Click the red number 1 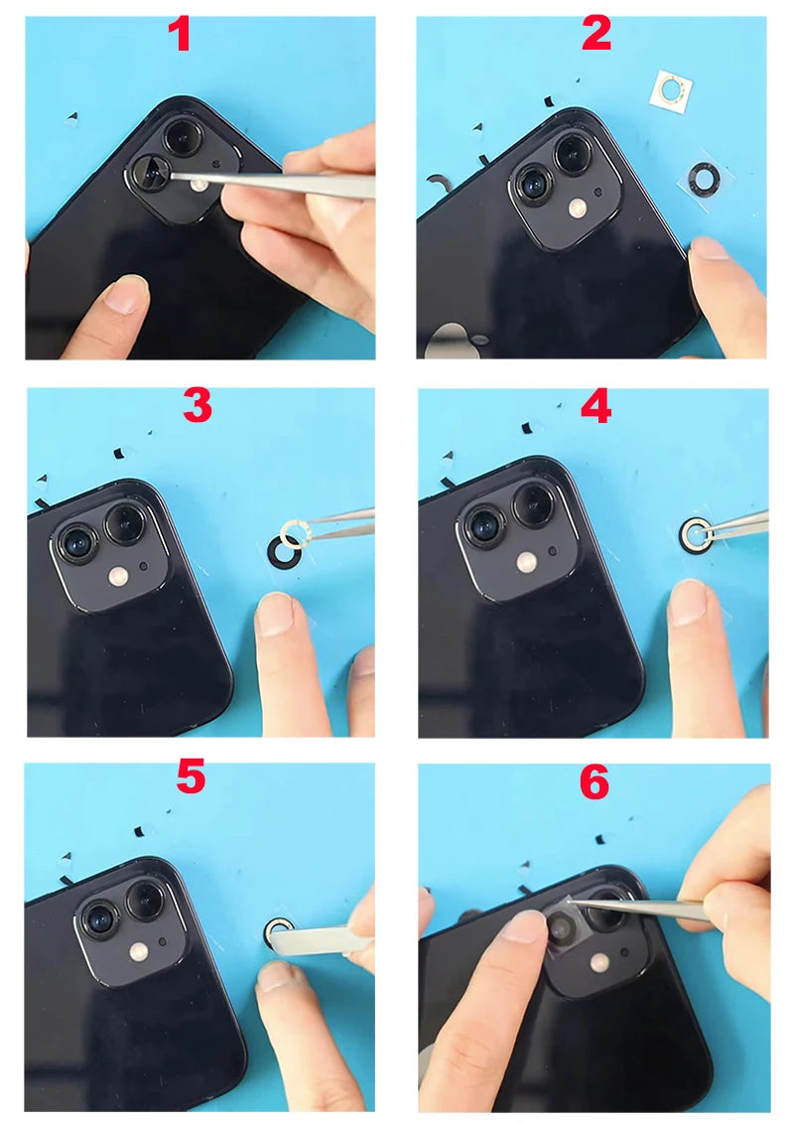click(x=181, y=34)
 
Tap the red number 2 click(x=596, y=33)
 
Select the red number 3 click(x=198, y=406)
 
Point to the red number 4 click(x=596, y=406)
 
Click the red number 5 click(x=191, y=777)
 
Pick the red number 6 click(x=595, y=781)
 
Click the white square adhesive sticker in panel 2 click(x=672, y=91)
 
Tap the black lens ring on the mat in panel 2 click(x=705, y=179)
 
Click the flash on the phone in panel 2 click(x=578, y=209)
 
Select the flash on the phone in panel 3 click(x=118, y=576)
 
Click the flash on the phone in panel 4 click(x=527, y=562)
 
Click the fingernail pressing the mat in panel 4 click(x=687, y=602)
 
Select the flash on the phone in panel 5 click(x=139, y=952)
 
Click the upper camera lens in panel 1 click(x=182, y=134)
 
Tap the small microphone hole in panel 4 click(x=553, y=551)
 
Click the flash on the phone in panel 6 click(x=599, y=963)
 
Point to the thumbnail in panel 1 click(x=127, y=295)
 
